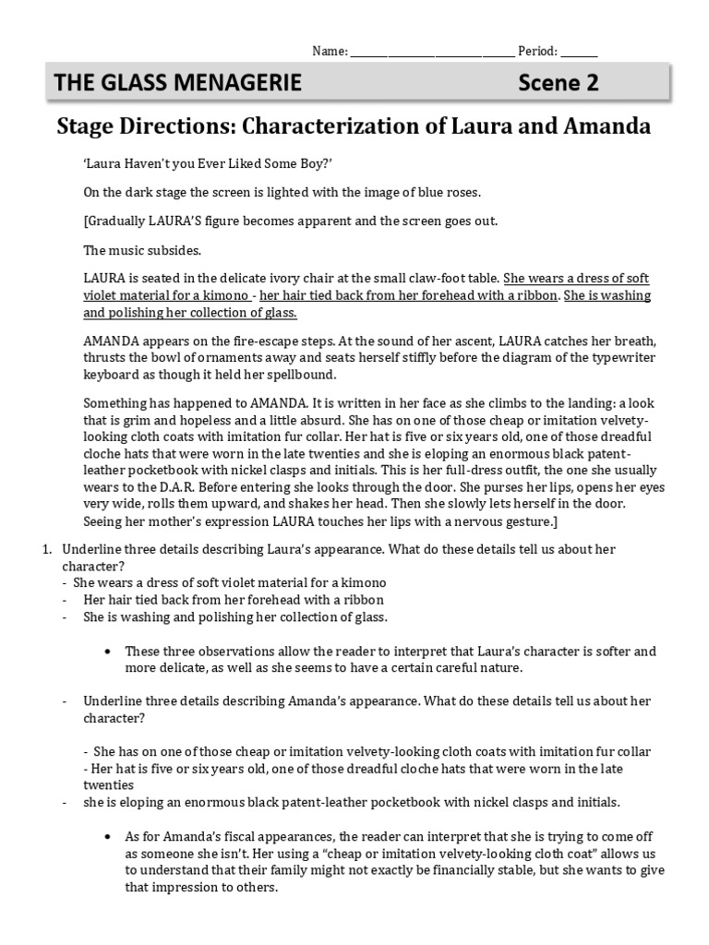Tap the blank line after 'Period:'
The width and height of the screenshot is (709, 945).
[x=579, y=54]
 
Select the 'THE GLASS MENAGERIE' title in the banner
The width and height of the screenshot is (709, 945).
[x=178, y=83]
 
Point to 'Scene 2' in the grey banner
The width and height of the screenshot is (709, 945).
[x=558, y=83]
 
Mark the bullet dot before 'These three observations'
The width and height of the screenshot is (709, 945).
[x=110, y=651]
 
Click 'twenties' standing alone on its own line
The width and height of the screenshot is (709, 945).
[x=109, y=784]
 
